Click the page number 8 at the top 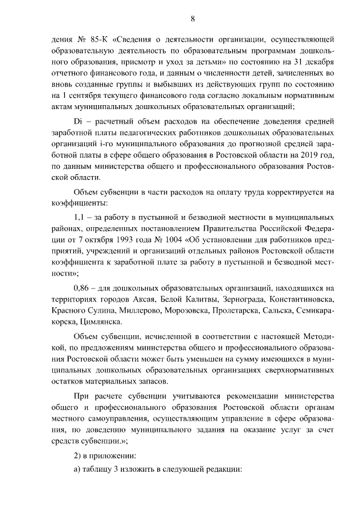click(x=192, y=19)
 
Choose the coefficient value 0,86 click(x=83, y=288)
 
